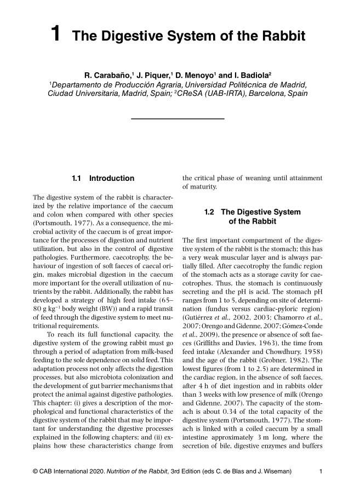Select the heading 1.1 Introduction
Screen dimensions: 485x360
click(103, 178)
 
